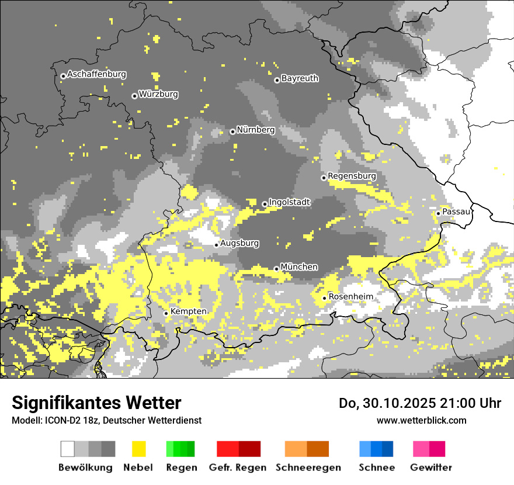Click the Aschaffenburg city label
(96, 74)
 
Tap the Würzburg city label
(158, 94)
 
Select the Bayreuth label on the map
(300, 78)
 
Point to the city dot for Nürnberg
(232, 131)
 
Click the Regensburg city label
(352, 176)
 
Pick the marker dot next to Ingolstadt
(265, 204)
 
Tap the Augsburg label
(239, 243)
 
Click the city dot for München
(276, 269)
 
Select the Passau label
(456, 212)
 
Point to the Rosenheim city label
(350, 297)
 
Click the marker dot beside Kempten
(166, 313)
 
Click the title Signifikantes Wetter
(96, 403)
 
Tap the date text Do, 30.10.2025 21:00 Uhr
(420, 403)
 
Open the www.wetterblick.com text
(421, 420)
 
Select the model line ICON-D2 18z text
(106, 420)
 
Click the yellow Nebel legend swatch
(138, 449)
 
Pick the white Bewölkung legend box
(68, 449)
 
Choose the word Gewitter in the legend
(430, 467)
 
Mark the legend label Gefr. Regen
(237, 467)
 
